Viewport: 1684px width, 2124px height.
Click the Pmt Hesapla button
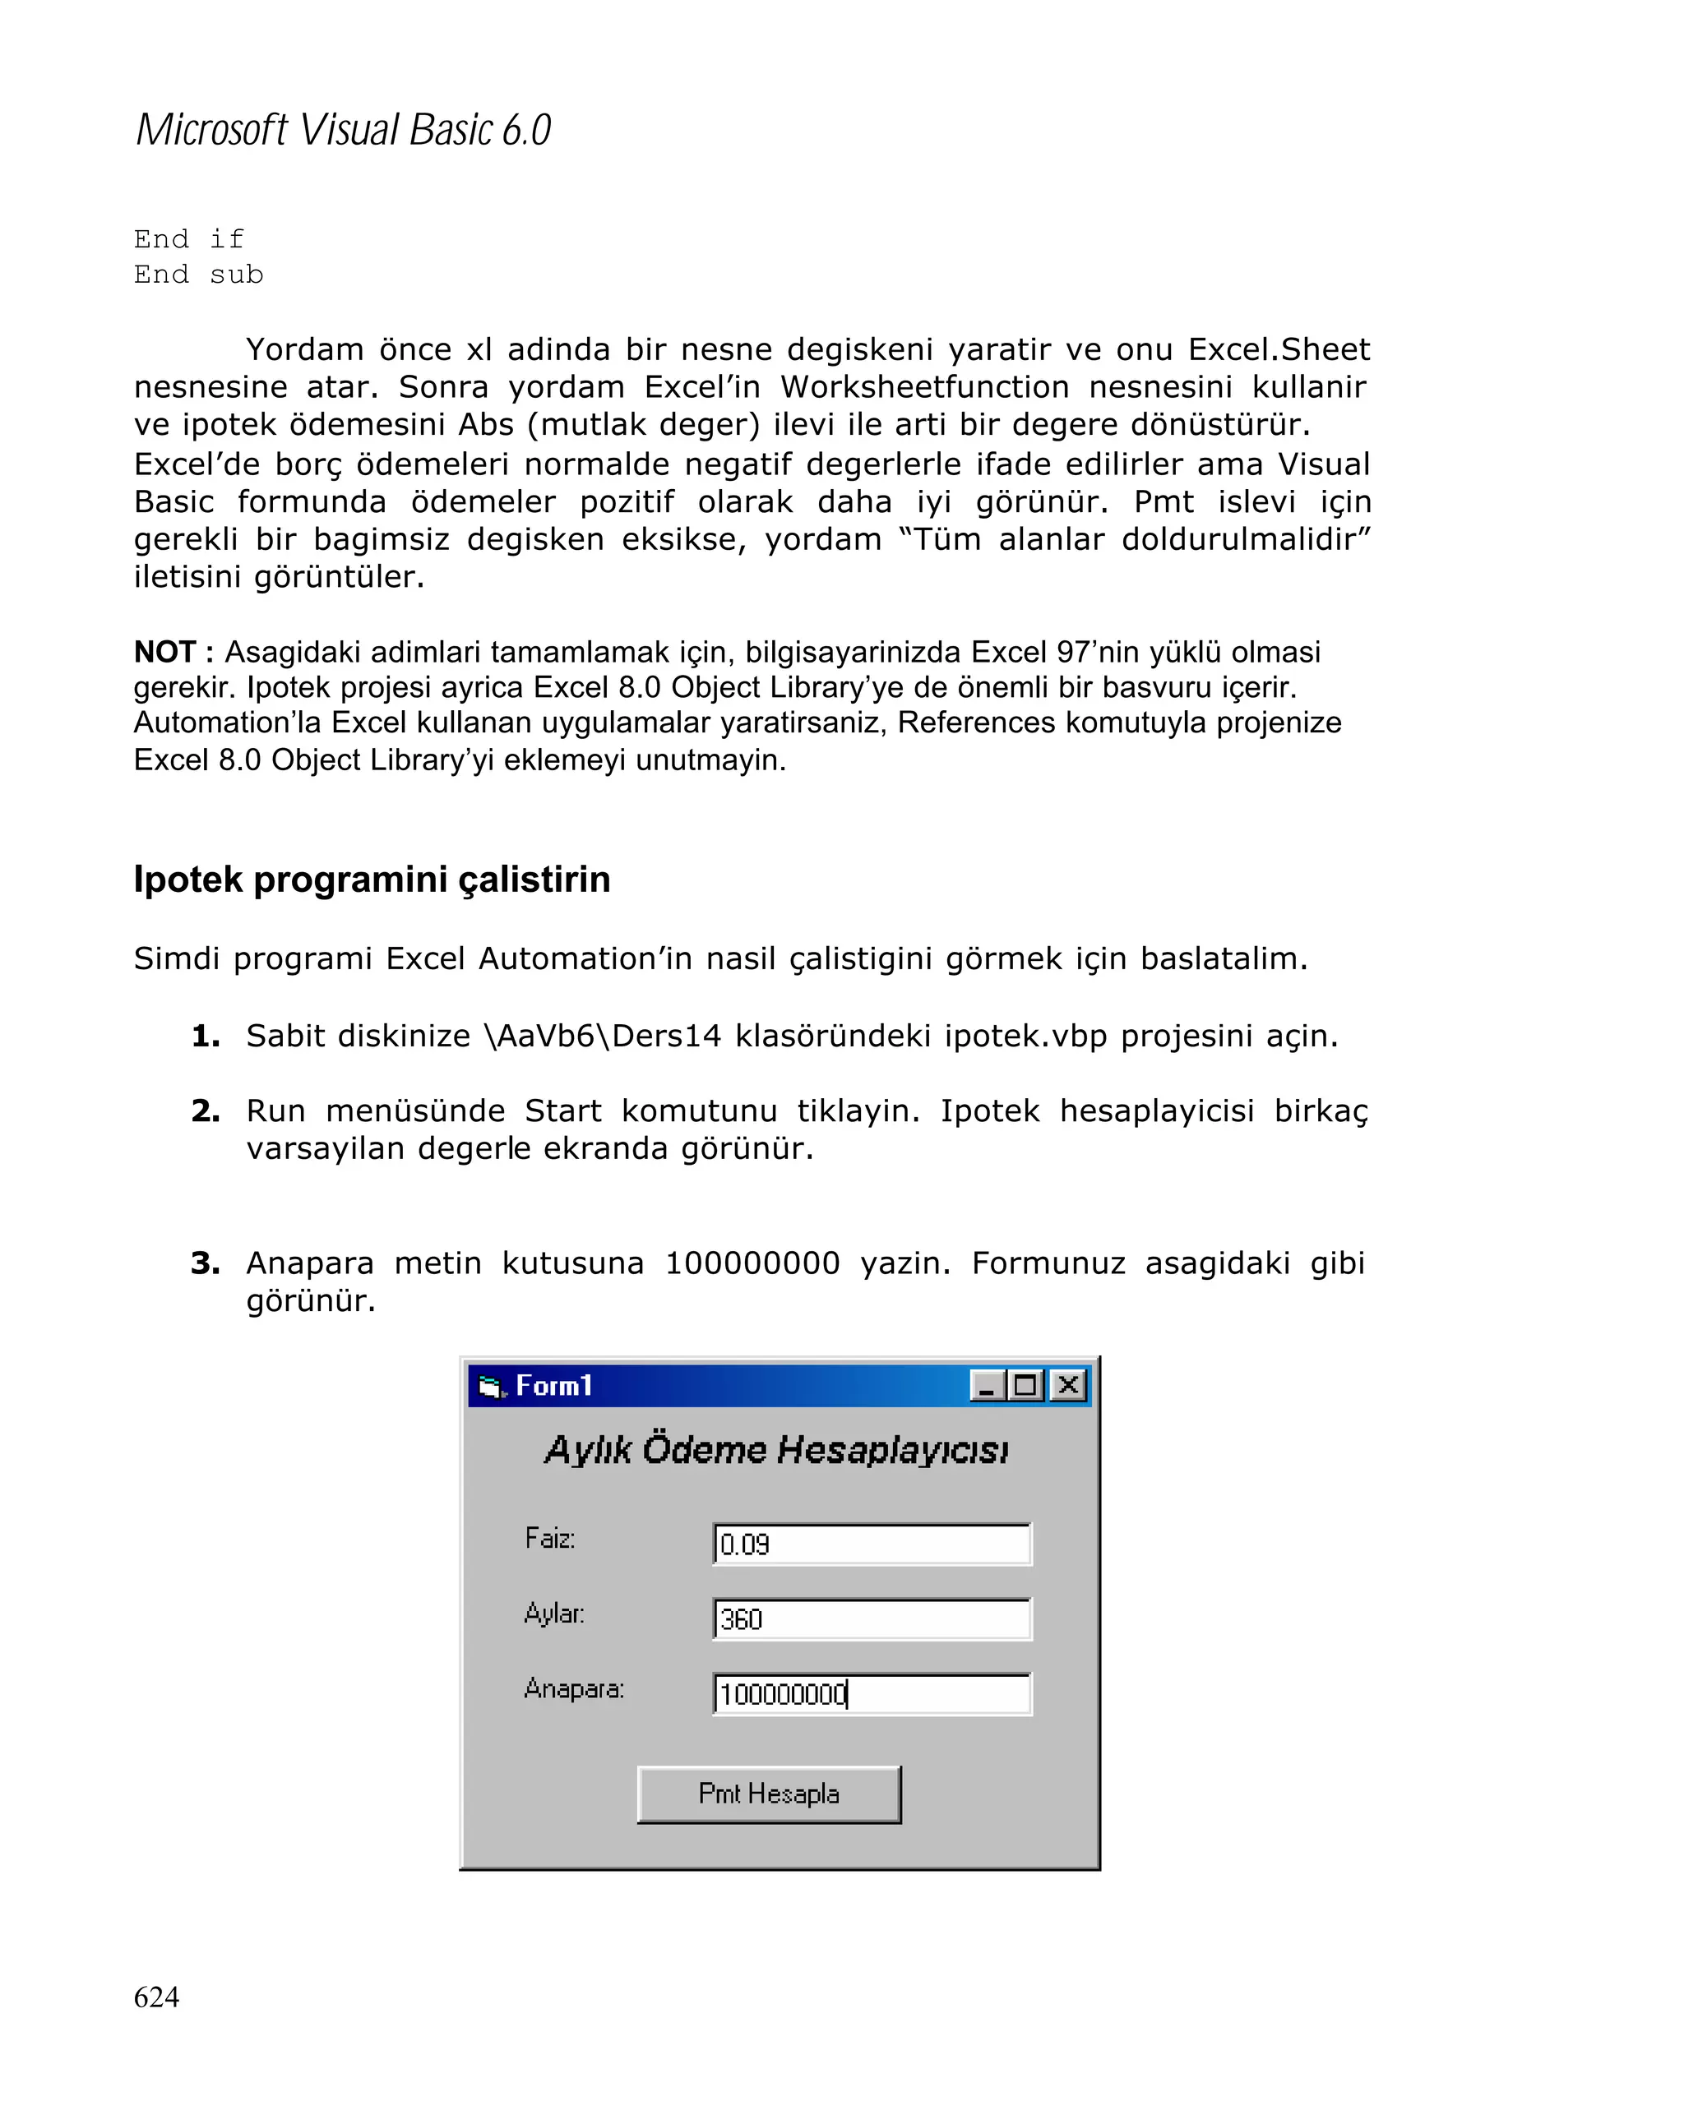[768, 1794]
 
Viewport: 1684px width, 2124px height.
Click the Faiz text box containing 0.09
[871, 1544]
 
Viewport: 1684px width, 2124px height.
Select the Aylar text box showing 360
[871, 1618]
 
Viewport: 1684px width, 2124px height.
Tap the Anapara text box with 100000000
[871, 1693]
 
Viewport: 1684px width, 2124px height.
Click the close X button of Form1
[1067, 1386]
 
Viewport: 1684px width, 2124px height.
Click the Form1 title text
[553, 1386]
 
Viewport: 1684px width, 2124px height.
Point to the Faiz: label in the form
[550, 1538]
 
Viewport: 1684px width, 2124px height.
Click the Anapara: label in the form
[573, 1688]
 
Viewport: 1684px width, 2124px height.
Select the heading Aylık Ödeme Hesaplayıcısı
[776, 1450]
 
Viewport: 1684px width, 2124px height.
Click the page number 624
[155, 1997]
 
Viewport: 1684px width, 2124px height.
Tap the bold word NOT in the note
[164, 652]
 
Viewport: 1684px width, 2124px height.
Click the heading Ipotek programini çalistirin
[372, 879]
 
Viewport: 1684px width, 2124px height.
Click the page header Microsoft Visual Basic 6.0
[343, 130]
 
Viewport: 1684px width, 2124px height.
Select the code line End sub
[198, 275]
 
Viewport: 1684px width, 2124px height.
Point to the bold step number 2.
[205, 1111]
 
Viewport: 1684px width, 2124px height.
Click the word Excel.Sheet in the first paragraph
[1278, 349]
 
